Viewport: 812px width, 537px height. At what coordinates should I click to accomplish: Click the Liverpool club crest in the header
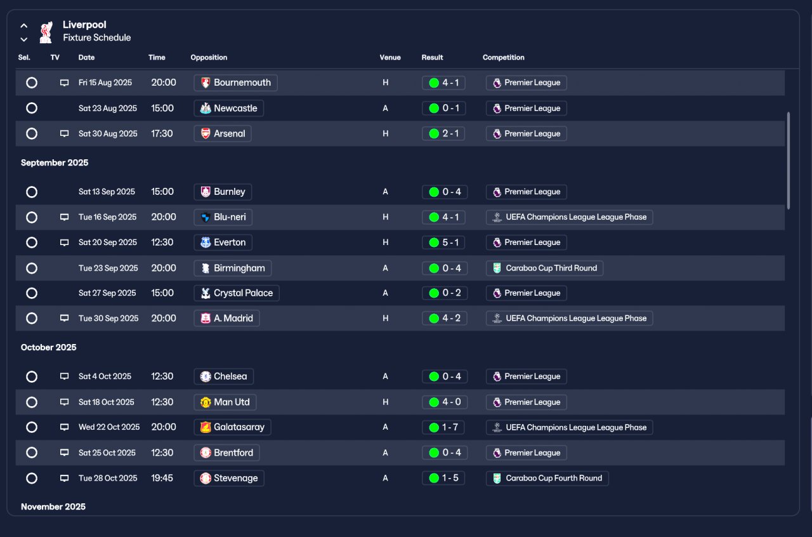pos(46,32)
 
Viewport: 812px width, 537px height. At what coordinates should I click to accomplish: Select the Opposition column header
pos(209,57)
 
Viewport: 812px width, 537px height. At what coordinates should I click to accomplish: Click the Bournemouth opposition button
pos(235,83)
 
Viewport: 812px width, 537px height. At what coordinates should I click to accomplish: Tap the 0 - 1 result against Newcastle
pos(443,108)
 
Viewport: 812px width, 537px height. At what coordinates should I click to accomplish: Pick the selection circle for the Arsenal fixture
pos(32,133)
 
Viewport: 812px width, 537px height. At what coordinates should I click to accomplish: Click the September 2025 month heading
pos(55,162)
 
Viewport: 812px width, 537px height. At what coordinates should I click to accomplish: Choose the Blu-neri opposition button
pos(223,217)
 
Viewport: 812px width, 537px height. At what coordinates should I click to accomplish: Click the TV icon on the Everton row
pos(64,242)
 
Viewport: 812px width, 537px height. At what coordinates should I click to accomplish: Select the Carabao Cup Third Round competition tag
pos(544,268)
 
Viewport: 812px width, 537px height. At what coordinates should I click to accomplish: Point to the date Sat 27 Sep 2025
pos(107,293)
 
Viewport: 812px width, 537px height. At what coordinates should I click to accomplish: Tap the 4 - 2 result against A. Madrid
pos(445,318)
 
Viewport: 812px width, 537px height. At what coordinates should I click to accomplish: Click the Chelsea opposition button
pos(224,376)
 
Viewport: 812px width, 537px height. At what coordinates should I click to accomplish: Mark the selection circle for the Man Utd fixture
pos(32,402)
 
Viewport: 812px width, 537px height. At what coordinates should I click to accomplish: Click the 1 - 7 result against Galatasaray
pos(443,427)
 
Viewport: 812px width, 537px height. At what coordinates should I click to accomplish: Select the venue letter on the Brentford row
pos(385,453)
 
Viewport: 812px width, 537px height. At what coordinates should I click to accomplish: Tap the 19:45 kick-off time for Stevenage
pos(162,478)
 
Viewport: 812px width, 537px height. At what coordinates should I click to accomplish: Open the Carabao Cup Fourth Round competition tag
pos(547,478)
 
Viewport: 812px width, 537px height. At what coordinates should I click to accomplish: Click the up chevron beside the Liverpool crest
pos(24,25)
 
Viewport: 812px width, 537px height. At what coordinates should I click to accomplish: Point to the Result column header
pos(432,57)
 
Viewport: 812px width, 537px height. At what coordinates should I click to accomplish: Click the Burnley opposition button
pos(223,192)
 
